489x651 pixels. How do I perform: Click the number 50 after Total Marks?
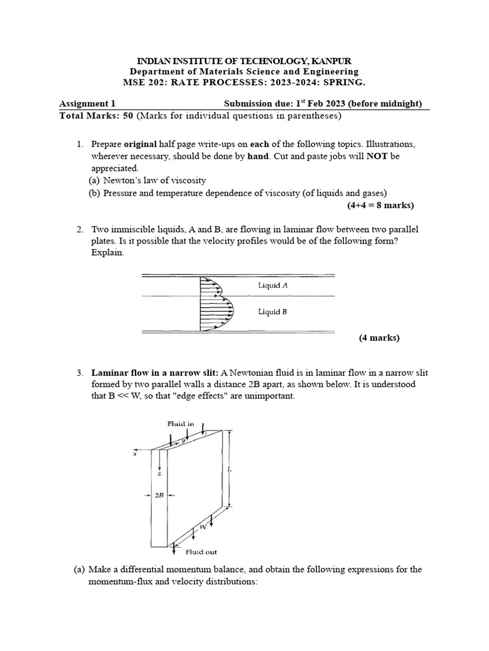click(x=127, y=116)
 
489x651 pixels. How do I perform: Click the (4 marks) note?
click(x=379, y=338)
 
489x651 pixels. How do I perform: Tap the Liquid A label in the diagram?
click(x=273, y=285)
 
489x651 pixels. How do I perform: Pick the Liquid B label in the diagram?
click(x=273, y=312)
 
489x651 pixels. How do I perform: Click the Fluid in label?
click(x=181, y=423)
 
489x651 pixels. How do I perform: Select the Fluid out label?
click(x=201, y=552)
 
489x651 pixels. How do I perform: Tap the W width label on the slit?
click(x=202, y=527)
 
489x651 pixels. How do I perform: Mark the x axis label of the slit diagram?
click(x=135, y=454)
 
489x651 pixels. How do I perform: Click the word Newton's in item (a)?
click(x=123, y=181)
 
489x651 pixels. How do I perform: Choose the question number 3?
click(x=80, y=372)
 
